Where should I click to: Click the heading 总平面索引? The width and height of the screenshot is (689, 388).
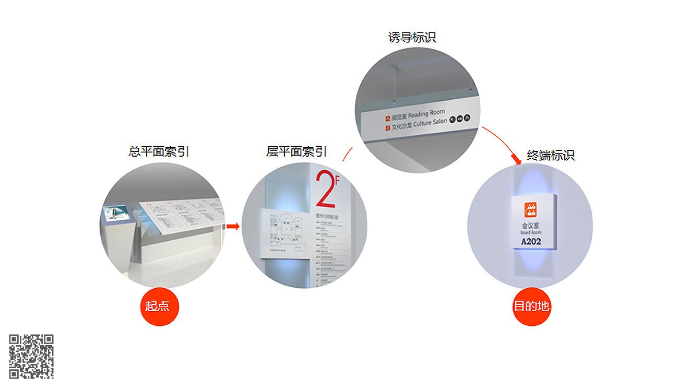pyautogui.click(x=159, y=152)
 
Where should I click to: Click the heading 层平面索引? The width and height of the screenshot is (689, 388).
pyautogui.click(x=296, y=152)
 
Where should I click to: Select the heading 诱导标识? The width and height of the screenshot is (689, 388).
pyautogui.click(x=412, y=38)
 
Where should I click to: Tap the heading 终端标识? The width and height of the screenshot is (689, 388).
pyautogui.click(x=551, y=155)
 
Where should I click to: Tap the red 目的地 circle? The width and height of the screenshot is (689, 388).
pyautogui.click(x=531, y=306)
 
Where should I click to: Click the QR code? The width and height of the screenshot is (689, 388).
pyautogui.click(x=31, y=356)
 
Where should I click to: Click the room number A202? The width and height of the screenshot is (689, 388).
pyautogui.click(x=531, y=241)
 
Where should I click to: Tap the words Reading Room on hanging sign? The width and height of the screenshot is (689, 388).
pyautogui.click(x=426, y=113)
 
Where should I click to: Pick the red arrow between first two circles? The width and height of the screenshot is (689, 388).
pyautogui.click(x=232, y=226)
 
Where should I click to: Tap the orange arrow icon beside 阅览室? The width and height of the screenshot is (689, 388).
pyautogui.click(x=387, y=118)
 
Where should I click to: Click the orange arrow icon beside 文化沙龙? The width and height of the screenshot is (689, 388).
pyautogui.click(x=387, y=126)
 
